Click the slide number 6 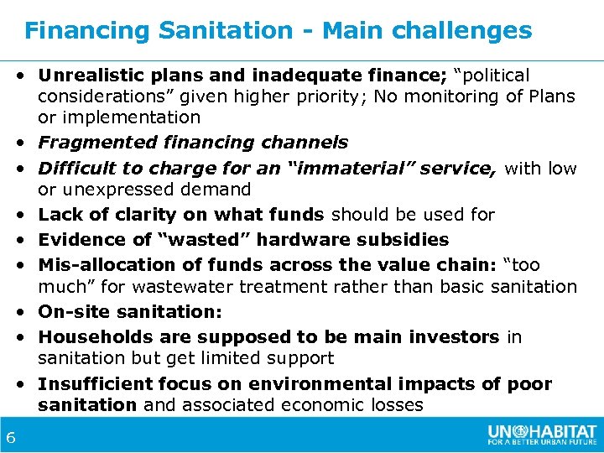(11, 437)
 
